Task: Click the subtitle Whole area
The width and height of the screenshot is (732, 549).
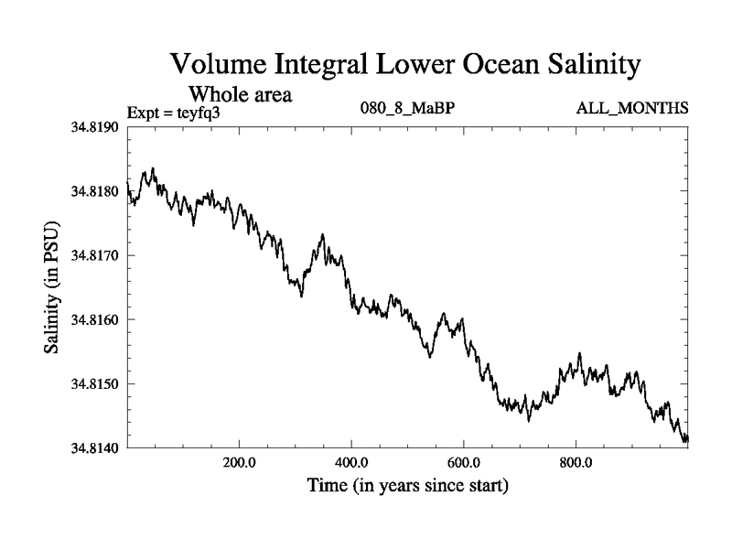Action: pyautogui.click(x=240, y=93)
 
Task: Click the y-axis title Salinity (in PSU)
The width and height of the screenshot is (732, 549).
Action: pyautogui.click(x=52, y=287)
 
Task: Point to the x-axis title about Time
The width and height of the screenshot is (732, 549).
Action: pyautogui.click(x=407, y=485)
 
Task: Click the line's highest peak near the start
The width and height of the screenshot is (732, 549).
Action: pyautogui.click(x=153, y=168)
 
